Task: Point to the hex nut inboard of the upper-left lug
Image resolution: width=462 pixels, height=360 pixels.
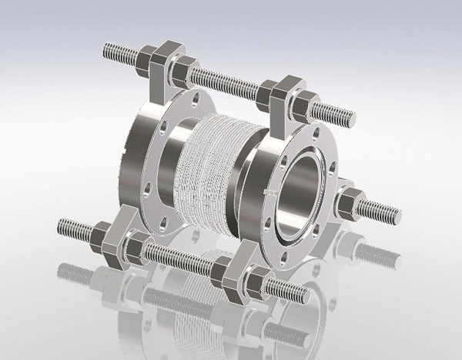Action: (179, 73)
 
